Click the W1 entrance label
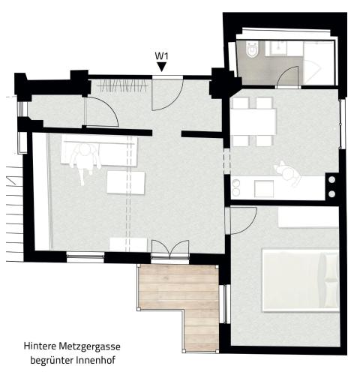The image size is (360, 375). click(x=161, y=55)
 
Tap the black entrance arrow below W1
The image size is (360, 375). click(x=162, y=67)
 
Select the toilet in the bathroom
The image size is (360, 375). click(x=251, y=49)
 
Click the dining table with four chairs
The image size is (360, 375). click(x=253, y=121)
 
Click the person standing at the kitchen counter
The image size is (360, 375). click(x=288, y=173)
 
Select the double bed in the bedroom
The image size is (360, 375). click(x=300, y=280)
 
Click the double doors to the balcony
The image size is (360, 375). click(x=170, y=250)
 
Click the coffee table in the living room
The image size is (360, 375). click(x=126, y=182)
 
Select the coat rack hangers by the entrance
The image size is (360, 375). click(x=122, y=86)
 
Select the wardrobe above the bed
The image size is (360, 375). click(x=308, y=217)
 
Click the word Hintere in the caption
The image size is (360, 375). click(x=40, y=346)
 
